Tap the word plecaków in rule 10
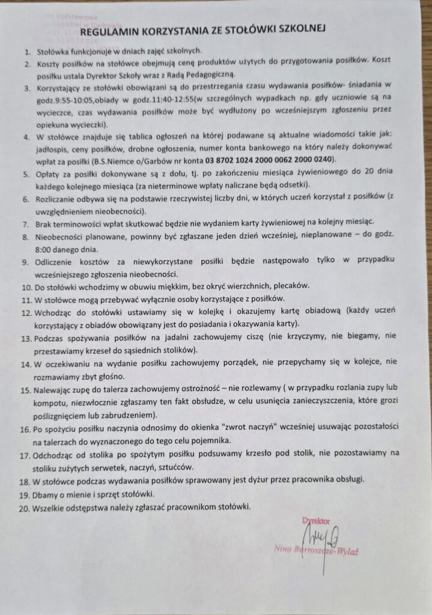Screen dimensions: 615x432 [x=291, y=286]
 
